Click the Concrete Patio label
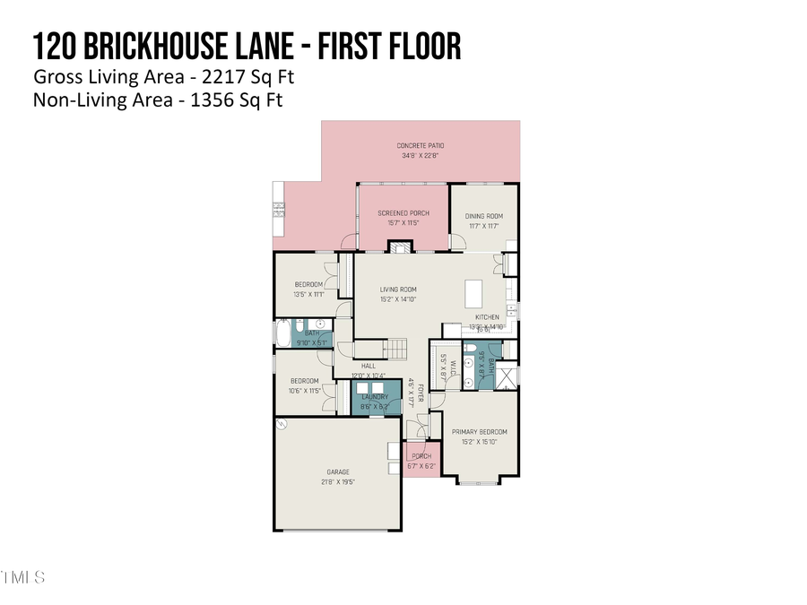(x=421, y=145)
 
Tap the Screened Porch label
(x=403, y=213)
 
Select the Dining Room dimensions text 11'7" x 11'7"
(x=483, y=226)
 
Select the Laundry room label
(x=375, y=397)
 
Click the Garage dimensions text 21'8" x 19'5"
(x=337, y=481)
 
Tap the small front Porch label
(x=421, y=455)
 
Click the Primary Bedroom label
(x=480, y=431)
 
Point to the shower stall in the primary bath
(x=508, y=376)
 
